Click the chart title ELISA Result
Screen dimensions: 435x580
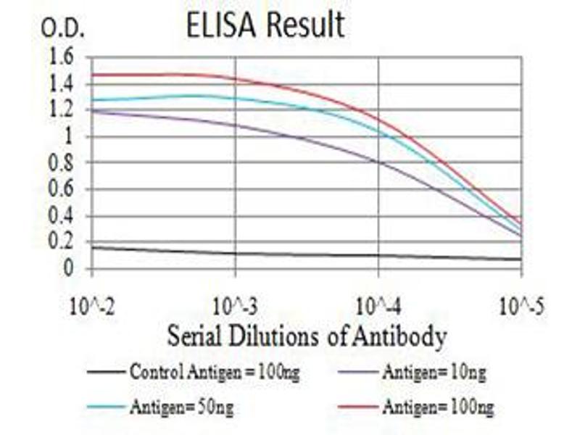pos(265,25)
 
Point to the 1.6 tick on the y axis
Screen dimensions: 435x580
pos(60,57)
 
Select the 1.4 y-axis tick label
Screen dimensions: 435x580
pos(60,84)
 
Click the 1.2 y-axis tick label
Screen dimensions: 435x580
pos(60,110)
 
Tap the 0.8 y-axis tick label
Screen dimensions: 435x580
pos(60,163)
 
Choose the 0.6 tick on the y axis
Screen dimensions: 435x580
pos(60,190)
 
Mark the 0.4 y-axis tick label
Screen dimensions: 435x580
pos(60,216)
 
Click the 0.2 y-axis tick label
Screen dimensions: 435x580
pos(60,243)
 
